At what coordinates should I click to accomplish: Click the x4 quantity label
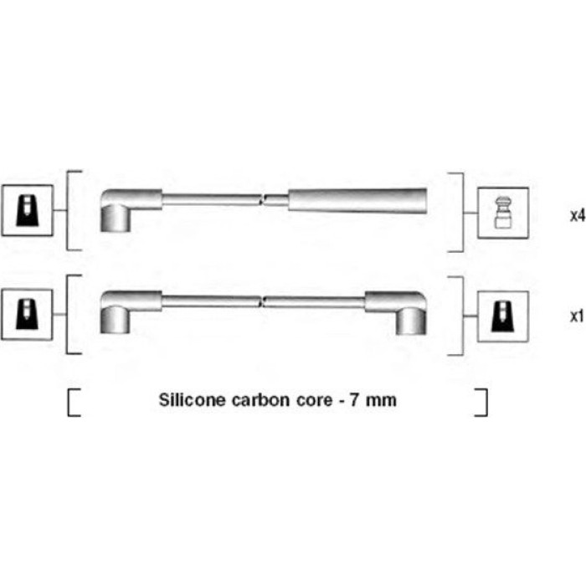[578, 215]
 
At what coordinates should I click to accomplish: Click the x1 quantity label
[577, 316]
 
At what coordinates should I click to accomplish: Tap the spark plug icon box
[503, 213]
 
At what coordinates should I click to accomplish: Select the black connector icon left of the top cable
[27, 210]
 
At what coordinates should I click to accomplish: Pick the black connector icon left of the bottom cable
[27, 314]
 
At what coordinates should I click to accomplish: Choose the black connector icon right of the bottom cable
[503, 316]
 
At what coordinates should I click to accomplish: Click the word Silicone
[192, 399]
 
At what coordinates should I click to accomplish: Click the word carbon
[261, 400]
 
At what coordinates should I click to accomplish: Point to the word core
[314, 400]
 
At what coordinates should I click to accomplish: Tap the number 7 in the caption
[354, 400]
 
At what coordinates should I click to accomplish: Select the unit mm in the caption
[381, 401]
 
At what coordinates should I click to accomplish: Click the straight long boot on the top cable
[357, 201]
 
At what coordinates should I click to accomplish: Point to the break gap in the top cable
[263, 200]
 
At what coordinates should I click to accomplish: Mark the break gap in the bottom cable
[262, 301]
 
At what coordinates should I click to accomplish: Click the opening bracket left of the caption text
[74, 403]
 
